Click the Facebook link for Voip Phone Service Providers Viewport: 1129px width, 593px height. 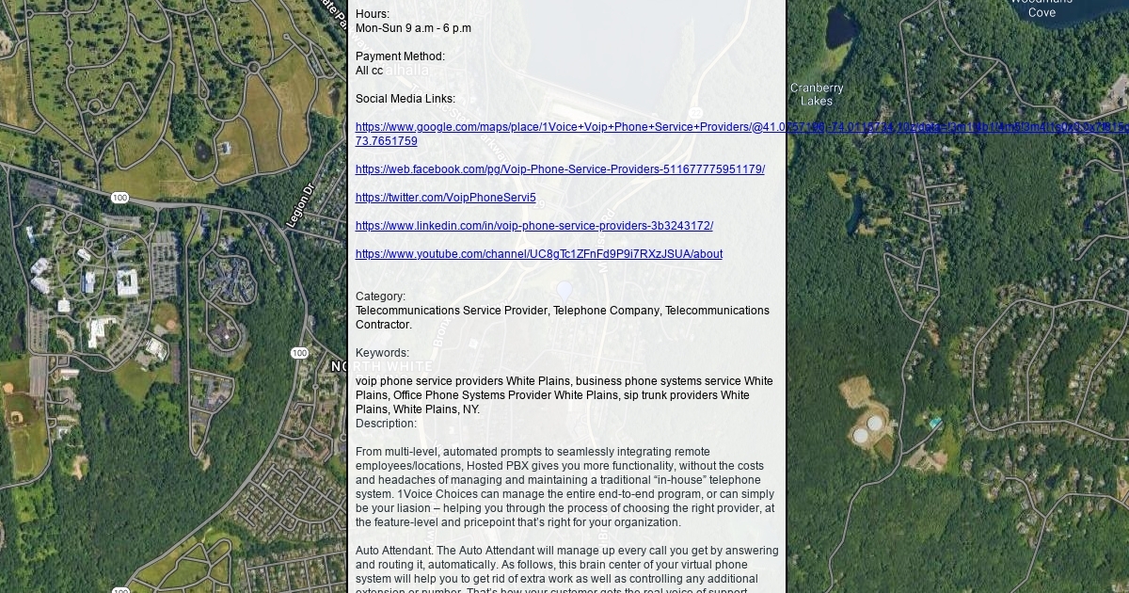(x=560, y=169)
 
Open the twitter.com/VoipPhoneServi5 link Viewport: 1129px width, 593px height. (x=445, y=198)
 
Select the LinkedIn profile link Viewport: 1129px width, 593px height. (x=533, y=226)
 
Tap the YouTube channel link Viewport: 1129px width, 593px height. (x=538, y=254)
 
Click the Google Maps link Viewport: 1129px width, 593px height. (x=564, y=127)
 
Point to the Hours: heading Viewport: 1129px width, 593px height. (x=373, y=14)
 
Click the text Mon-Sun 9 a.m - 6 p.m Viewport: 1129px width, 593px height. (x=413, y=28)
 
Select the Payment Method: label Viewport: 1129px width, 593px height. (x=400, y=56)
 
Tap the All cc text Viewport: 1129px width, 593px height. (x=369, y=71)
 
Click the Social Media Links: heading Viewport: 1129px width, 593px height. (x=405, y=99)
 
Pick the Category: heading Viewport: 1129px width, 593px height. (x=380, y=296)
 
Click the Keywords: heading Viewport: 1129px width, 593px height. (x=382, y=353)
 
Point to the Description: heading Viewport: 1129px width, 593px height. (x=386, y=424)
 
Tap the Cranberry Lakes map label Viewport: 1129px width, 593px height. (x=817, y=94)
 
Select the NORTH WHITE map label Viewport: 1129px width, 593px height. (x=381, y=366)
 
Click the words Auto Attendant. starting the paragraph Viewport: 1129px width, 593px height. (x=394, y=551)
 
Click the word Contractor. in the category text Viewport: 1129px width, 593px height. (x=383, y=325)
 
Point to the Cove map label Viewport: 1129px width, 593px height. (x=1042, y=12)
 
